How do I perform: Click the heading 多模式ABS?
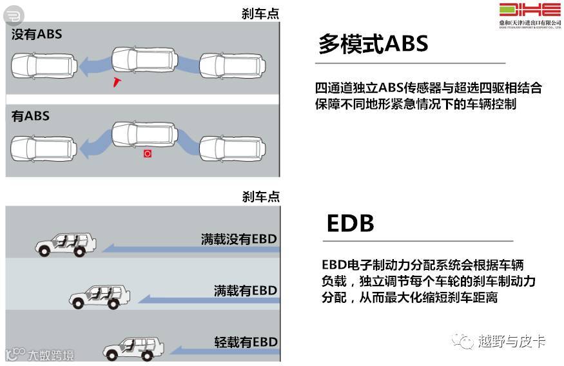coord(373,43)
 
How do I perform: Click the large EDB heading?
coord(350,222)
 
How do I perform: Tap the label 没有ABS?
coord(37,34)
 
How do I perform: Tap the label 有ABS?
coord(30,117)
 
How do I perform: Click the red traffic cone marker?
coord(117,81)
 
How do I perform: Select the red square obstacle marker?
coord(148,155)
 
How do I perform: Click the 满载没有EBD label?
coord(238,239)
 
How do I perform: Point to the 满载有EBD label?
coord(245,291)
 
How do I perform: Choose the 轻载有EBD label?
coord(245,342)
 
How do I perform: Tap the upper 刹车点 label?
coord(260,14)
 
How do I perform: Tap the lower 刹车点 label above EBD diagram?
coord(260,197)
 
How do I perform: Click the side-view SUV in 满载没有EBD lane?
coord(65,243)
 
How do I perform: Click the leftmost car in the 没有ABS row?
coord(37,63)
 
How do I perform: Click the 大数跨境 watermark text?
coord(50,355)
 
